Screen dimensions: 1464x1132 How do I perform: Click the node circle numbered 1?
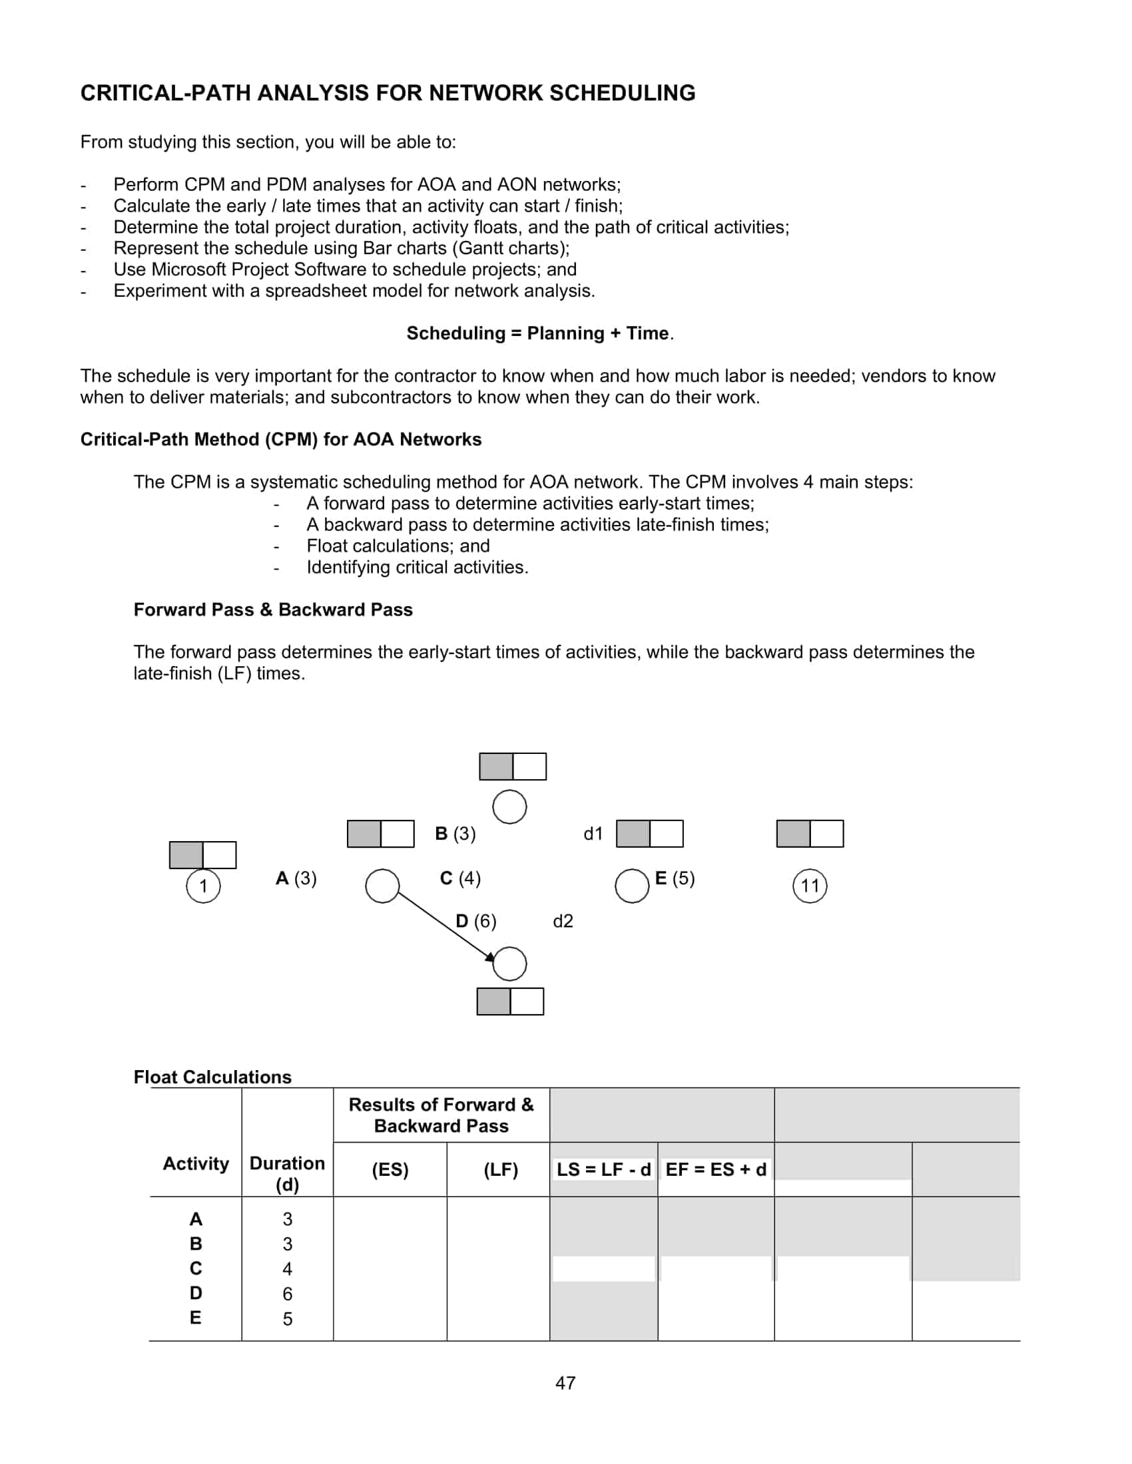click(x=203, y=886)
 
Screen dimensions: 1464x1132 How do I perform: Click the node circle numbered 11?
click(x=810, y=886)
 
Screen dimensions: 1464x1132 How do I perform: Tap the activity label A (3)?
click(x=296, y=878)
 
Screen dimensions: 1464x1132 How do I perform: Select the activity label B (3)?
click(x=455, y=833)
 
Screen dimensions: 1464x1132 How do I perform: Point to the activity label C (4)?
click(x=460, y=878)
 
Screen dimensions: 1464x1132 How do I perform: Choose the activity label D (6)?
click(x=476, y=921)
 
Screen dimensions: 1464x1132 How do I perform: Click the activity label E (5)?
click(x=675, y=878)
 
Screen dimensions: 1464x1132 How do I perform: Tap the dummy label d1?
click(x=593, y=833)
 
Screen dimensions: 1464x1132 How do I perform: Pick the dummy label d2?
click(x=563, y=921)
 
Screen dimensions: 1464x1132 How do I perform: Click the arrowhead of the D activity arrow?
click(x=491, y=956)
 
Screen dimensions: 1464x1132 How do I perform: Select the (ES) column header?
click(x=390, y=1170)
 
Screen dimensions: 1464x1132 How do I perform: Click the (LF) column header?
click(x=500, y=1170)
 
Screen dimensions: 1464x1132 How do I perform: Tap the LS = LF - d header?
click(x=603, y=1170)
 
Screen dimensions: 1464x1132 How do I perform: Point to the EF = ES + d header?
click(x=716, y=1170)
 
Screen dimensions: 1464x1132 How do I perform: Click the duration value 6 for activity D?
click(x=287, y=1293)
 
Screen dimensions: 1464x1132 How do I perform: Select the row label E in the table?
click(x=195, y=1318)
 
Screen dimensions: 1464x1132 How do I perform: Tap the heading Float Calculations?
click(x=212, y=1077)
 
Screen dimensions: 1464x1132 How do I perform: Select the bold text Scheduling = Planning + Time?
click(x=538, y=333)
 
